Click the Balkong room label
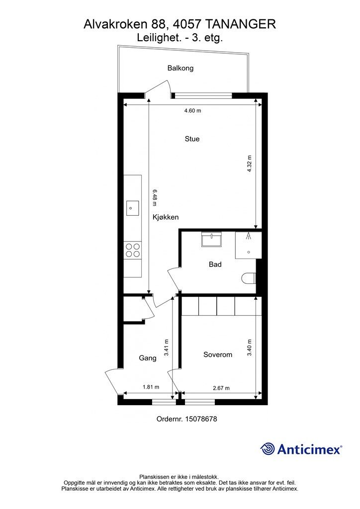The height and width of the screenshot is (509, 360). click(x=180, y=68)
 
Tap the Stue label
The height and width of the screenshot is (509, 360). click(x=192, y=139)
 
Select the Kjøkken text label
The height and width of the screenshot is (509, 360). click(x=166, y=217)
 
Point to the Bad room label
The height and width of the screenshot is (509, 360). click(x=215, y=264)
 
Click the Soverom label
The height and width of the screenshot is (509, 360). click(x=218, y=354)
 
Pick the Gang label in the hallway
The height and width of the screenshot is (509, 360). click(x=148, y=358)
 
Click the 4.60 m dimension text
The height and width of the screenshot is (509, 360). click(x=192, y=111)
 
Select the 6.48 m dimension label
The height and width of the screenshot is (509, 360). click(x=155, y=198)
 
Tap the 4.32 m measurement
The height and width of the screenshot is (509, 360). click(x=249, y=164)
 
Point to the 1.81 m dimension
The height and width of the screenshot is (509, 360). click(x=151, y=387)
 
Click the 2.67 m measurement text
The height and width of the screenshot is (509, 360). click(x=221, y=388)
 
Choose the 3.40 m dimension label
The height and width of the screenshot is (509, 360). click(x=249, y=347)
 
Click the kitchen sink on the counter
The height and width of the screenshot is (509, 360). click(x=132, y=208)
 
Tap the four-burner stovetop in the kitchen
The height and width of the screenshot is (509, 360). click(x=133, y=251)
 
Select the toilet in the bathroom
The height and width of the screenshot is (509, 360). click(x=249, y=278)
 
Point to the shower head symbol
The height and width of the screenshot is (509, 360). click(x=249, y=236)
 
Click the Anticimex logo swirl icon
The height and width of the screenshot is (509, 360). click(x=268, y=449)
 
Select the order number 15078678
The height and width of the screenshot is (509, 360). click(x=201, y=419)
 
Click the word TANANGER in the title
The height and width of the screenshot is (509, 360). click(x=241, y=24)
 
